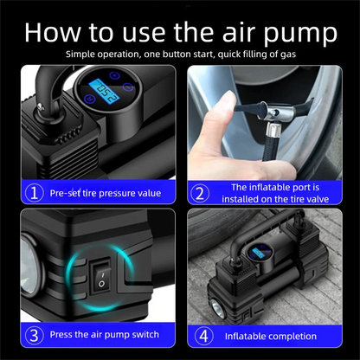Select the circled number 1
35,193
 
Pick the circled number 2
200,193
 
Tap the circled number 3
35,335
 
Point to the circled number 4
203,336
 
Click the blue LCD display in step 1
104,92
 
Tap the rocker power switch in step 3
101,276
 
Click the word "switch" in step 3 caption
145,334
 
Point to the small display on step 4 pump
256,254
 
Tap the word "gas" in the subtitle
289,55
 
